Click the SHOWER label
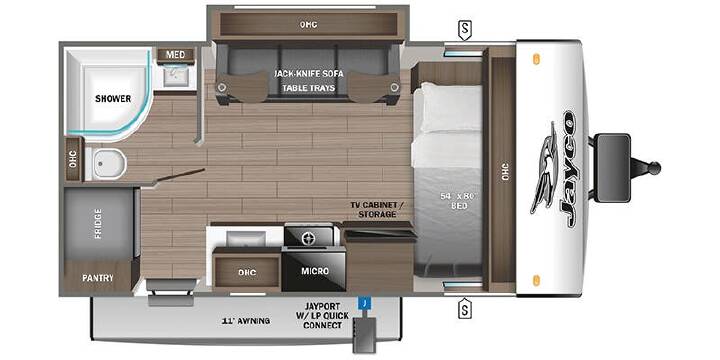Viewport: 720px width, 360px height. [x=113, y=99]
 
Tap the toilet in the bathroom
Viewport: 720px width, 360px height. [x=106, y=164]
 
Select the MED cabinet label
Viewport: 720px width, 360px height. [x=175, y=55]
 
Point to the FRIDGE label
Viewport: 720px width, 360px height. [x=98, y=224]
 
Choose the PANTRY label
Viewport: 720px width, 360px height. [x=98, y=278]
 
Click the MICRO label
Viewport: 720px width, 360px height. [x=315, y=271]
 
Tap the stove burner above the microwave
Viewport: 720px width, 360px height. [x=308, y=238]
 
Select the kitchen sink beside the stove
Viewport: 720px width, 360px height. [x=246, y=238]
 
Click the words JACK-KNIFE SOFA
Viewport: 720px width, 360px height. [x=309, y=73]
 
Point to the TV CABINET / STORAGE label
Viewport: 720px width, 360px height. [x=377, y=210]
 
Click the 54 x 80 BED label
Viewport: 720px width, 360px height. [x=458, y=201]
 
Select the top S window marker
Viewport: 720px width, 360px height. [x=465, y=31]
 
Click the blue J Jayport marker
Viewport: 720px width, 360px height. [x=364, y=303]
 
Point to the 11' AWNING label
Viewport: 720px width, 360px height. [x=246, y=321]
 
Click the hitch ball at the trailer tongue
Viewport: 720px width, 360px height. [x=654, y=168]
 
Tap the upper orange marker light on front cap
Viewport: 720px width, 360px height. [x=536, y=59]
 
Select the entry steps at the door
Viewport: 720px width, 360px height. [x=171, y=292]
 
